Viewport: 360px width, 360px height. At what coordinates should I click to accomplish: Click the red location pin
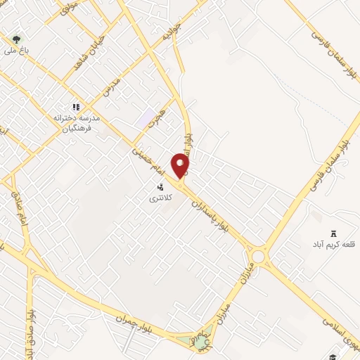181,165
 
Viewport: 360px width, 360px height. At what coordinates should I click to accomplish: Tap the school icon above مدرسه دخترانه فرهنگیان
76,107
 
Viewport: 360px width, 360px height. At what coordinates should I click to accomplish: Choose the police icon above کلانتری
161,187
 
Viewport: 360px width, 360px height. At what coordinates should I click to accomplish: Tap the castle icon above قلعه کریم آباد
333,233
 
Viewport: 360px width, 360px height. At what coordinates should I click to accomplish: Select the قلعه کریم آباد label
333,245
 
